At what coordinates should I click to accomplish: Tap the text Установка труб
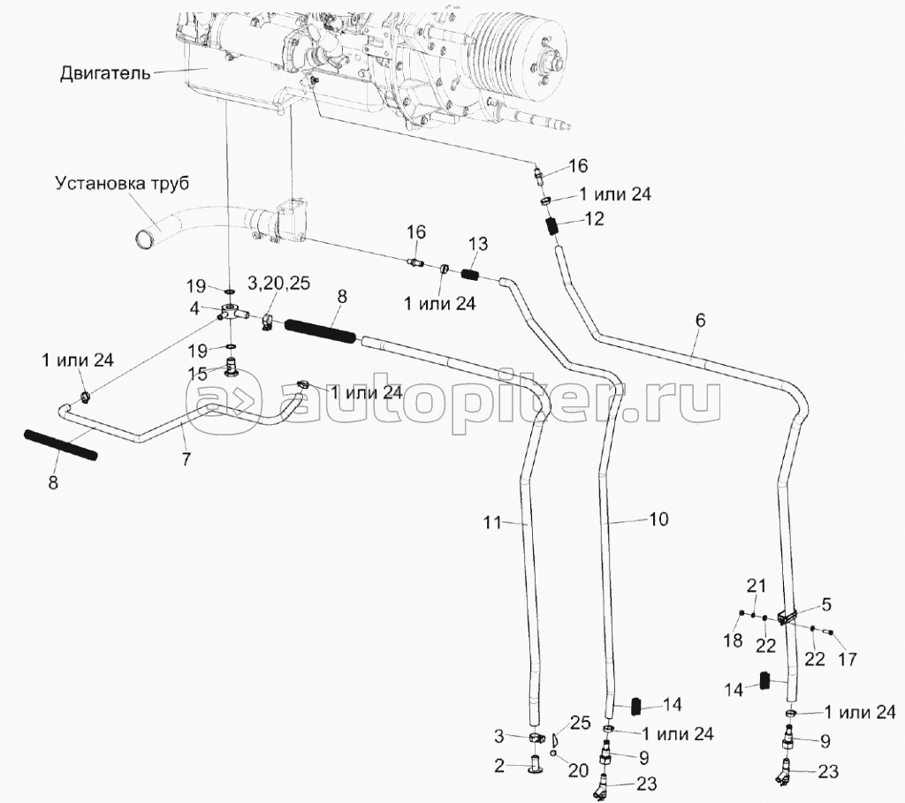[122, 185]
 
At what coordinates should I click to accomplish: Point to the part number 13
[477, 245]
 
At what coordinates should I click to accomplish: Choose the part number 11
[492, 521]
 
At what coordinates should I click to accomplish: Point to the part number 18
[733, 641]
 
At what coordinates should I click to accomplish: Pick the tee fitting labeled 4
[232, 312]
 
